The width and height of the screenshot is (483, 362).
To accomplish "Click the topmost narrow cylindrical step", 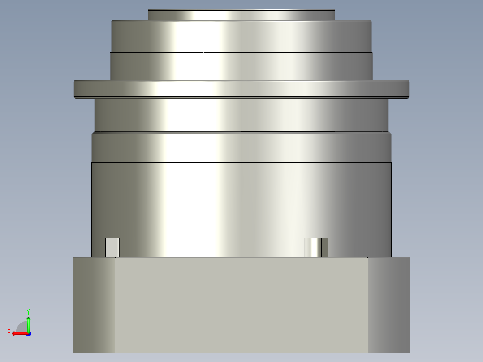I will (241, 15).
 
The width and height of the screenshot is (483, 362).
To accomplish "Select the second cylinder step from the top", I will (241, 36).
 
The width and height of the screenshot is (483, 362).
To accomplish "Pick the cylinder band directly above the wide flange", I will (241, 66).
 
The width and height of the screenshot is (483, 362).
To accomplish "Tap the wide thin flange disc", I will (241, 89).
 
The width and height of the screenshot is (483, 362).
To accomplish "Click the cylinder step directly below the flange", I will (241, 115).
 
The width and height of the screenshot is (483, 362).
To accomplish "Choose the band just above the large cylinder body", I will (241, 147).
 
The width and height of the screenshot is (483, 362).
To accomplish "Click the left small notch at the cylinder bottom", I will (112, 247).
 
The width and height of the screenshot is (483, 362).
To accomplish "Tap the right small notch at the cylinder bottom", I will (316, 247).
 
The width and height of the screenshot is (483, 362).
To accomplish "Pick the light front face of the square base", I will (241, 305).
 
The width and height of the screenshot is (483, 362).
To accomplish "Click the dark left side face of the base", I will (94, 305).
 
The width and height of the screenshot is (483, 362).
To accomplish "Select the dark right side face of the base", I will (388, 305).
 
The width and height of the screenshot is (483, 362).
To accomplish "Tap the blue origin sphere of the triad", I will (28, 334).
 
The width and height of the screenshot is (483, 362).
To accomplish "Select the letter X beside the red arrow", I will (9, 331).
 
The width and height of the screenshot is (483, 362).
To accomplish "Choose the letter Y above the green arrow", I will (28, 311).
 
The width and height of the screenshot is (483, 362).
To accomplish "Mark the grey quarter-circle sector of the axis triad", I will (22, 328).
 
